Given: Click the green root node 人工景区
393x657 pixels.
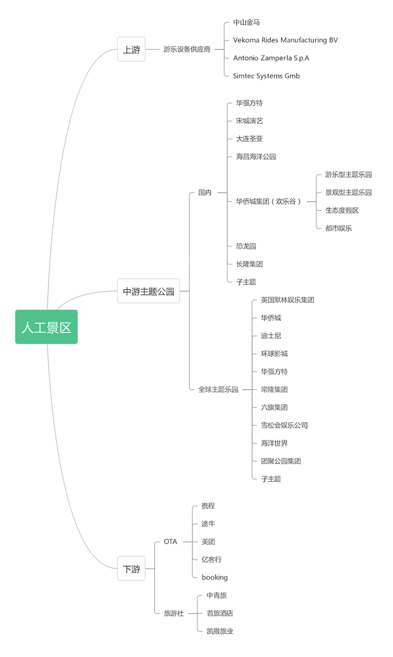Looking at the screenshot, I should coord(46,327).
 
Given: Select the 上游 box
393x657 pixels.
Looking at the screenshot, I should coord(131,50).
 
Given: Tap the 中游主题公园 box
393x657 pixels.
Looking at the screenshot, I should coord(148,291).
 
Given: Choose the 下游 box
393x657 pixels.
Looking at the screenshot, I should coord(131,569).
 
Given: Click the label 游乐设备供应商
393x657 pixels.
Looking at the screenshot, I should coord(187,50).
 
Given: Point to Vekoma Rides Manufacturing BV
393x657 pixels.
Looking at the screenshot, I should coord(285,40).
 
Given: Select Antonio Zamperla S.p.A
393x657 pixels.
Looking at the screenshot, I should coord(271,58).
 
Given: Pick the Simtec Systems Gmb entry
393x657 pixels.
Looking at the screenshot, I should coord(266,76).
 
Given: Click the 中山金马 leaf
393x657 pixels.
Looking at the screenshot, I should coord(246,23).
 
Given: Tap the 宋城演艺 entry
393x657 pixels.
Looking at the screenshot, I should coord(249,121).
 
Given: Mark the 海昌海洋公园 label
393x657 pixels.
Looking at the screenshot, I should coord(255,157).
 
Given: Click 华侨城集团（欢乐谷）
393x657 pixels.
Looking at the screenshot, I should coord(268,201).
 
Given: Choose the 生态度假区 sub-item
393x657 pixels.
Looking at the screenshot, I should coord(341,210).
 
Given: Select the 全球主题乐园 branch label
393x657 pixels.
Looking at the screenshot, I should coord(218,389).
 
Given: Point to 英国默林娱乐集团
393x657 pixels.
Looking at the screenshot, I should coord(287,300).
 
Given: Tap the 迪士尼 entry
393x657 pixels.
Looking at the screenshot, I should coord(271,336).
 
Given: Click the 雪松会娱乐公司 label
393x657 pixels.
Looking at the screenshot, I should coord(284,425).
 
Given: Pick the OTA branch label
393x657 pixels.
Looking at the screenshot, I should coord(170,542).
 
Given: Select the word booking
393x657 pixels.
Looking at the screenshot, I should coord(214,577).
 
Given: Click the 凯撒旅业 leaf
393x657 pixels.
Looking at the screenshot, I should coord(220,631).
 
